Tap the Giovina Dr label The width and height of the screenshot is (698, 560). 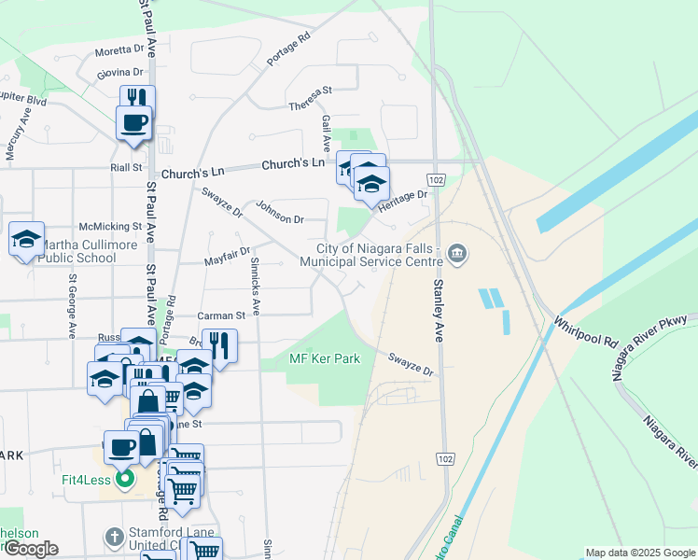click(119, 72)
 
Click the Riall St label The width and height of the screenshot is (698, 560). click(125, 168)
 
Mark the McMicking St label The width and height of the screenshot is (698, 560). click(110, 226)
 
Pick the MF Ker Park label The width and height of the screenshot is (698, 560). click(325, 358)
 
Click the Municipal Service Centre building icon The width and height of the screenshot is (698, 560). click(457, 253)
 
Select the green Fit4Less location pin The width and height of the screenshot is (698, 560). click(124, 481)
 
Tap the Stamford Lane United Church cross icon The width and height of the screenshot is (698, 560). click(114, 537)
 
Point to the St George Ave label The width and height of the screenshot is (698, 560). click(72, 305)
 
